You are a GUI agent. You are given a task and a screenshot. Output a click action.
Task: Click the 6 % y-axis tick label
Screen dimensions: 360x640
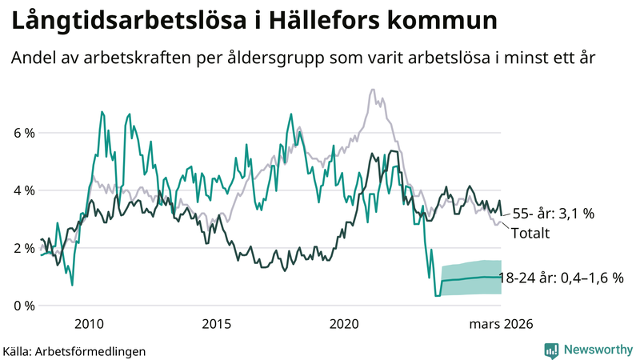[x=23, y=133]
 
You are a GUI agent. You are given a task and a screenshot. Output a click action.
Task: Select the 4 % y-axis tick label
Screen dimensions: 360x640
[x=23, y=190]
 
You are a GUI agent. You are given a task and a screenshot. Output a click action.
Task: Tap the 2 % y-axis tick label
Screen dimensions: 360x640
[x=23, y=248]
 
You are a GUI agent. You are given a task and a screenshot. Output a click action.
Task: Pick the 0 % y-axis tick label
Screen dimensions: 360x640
[x=23, y=306]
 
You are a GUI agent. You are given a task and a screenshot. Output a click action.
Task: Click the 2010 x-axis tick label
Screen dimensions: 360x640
[x=89, y=324]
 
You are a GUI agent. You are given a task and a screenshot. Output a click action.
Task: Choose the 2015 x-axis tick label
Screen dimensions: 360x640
[x=217, y=324]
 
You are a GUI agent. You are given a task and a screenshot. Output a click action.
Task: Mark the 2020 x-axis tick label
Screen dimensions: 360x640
[x=345, y=324]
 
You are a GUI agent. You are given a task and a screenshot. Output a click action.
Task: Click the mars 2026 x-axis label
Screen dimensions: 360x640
[x=500, y=324]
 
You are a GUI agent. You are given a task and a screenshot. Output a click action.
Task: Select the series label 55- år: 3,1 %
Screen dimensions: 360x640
[x=554, y=214]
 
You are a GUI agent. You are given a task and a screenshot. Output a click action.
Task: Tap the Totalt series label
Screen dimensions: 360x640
[x=530, y=234]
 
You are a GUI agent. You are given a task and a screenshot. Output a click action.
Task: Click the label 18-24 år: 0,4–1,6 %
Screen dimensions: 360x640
[x=560, y=278]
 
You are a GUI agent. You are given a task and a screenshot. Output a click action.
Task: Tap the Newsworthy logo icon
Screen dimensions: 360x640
[x=551, y=350]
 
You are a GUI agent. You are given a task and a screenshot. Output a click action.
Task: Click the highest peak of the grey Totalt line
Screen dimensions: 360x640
[x=374, y=90]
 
